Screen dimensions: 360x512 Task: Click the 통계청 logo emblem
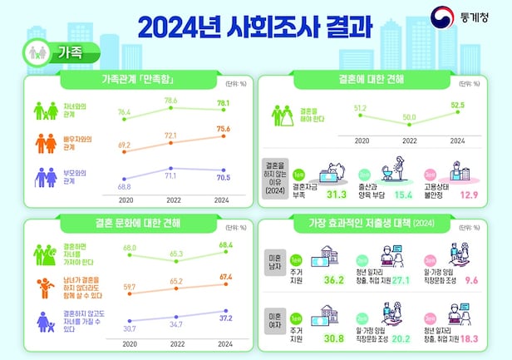point(441,17)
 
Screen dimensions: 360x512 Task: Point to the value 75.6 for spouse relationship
point(224,129)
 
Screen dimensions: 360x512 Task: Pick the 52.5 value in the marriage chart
point(458,104)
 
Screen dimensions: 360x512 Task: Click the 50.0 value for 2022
point(409,118)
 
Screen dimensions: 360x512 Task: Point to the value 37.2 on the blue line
point(224,318)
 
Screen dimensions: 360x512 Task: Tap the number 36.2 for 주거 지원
point(335,281)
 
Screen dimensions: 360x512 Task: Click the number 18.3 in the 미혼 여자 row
point(470,338)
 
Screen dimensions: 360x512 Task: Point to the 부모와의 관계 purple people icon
point(45,176)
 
